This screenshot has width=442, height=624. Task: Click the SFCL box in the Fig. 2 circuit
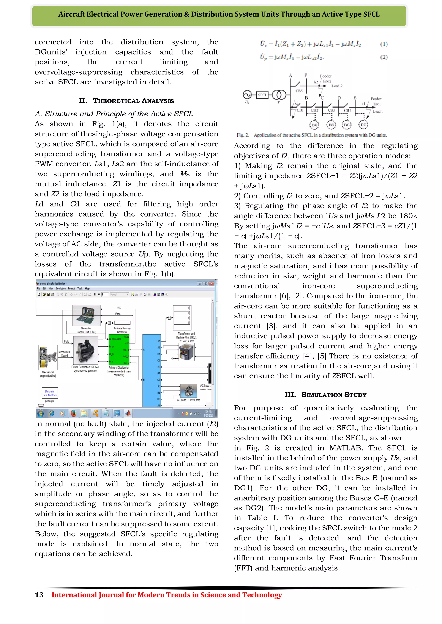(x=262, y=95)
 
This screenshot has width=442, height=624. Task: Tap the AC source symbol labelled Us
(x=247, y=95)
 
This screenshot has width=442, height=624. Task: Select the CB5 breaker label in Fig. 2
(x=299, y=91)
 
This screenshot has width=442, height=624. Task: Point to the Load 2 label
(x=337, y=86)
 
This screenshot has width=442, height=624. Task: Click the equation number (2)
(x=384, y=57)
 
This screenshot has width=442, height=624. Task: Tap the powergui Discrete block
(x=50, y=393)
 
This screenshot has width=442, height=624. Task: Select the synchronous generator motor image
(x=85, y=351)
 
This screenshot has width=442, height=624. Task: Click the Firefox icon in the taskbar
(x=73, y=413)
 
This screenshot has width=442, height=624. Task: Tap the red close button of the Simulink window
(x=212, y=284)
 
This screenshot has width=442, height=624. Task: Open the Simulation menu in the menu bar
(x=61, y=289)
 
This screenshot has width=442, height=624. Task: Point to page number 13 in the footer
(x=39, y=595)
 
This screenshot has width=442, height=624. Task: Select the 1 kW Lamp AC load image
(x=189, y=391)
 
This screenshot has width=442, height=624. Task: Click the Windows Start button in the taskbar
(x=41, y=413)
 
